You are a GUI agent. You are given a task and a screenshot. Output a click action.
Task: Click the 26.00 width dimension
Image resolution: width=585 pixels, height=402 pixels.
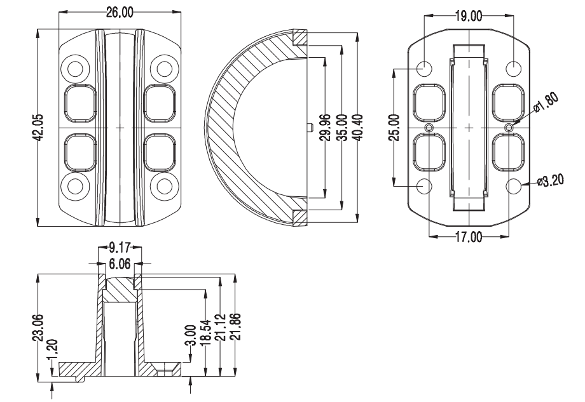(120, 13)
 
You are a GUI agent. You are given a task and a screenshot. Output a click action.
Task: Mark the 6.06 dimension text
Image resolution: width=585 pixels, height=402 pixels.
(120, 261)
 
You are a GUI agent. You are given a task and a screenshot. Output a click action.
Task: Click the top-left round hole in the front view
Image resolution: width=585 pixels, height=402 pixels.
(76, 69)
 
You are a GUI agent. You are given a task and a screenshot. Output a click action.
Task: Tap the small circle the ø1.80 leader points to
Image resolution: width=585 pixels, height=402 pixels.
(508, 128)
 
